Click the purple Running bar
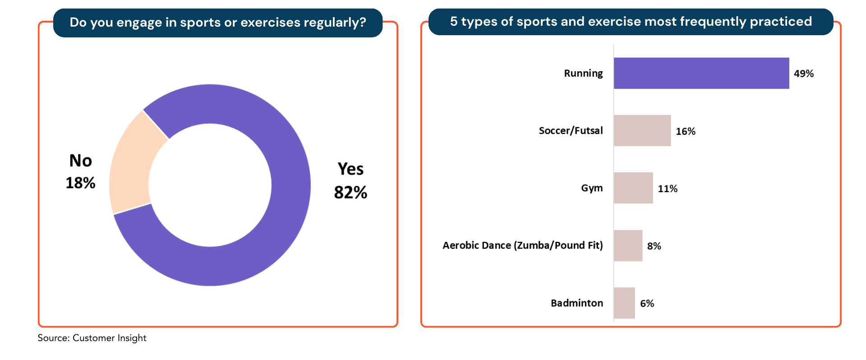click(701, 73)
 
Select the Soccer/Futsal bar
click(642, 130)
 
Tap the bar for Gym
click(633, 188)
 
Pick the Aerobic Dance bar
click(628, 245)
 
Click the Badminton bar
click(624, 303)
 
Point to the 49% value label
click(804, 74)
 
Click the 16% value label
click(686, 131)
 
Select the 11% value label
click(668, 189)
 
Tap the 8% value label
click(654, 246)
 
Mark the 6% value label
click(647, 303)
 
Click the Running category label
click(583, 73)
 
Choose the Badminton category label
click(577, 303)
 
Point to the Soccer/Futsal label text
click(571, 130)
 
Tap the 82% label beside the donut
click(350, 192)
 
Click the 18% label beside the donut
click(80, 183)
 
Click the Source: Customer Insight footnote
click(92, 338)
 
